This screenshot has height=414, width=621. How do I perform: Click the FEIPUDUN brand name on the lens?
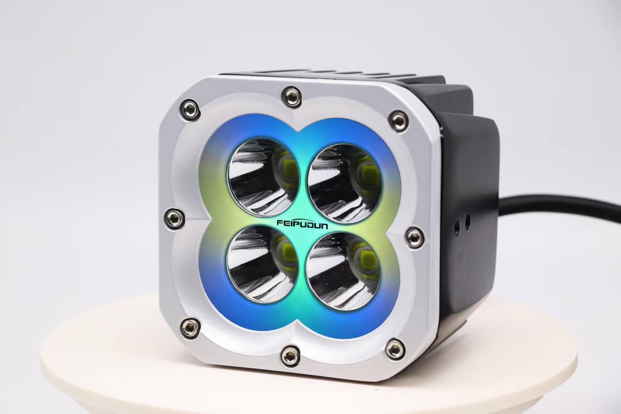[302, 224]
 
